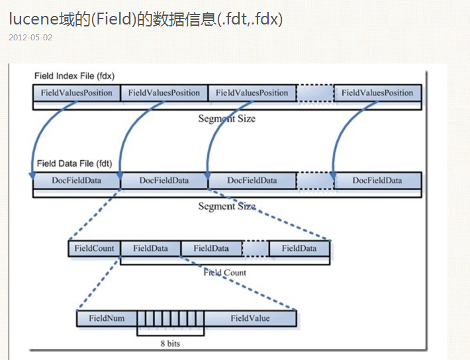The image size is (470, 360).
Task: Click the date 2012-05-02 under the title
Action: pyautogui.click(x=30, y=37)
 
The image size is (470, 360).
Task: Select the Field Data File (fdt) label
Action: pyautogui.click(x=74, y=163)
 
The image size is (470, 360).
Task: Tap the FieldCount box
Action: pyautogui.click(x=94, y=249)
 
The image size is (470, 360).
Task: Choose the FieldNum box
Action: pyautogui.click(x=107, y=318)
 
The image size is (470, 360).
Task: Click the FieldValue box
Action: pyautogui.click(x=250, y=318)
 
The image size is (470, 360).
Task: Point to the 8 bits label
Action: pyautogui.click(x=170, y=343)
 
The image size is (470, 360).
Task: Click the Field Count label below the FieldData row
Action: pyautogui.click(x=224, y=272)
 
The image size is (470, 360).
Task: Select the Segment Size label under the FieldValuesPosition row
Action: pyautogui.click(x=226, y=118)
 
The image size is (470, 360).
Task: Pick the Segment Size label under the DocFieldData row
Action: pyautogui.click(x=226, y=206)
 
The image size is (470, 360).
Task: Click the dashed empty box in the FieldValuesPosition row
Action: pyautogui.click(x=315, y=93)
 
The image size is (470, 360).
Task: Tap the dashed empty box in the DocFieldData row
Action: pyautogui.click(x=315, y=181)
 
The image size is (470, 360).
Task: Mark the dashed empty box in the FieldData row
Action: pyautogui.click(x=255, y=249)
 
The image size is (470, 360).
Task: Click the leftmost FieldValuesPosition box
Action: pyautogui.click(x=76, y=93)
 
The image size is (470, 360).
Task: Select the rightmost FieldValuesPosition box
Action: pyautogui.click(x=377, y=93)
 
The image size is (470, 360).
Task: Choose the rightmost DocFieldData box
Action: pyautogui.click(x=377, y=181)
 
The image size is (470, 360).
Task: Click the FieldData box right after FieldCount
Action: pyautogui.click(x=150, y=249)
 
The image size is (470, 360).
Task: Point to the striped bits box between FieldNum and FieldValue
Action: pyautogui.click(x=170, y=318)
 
